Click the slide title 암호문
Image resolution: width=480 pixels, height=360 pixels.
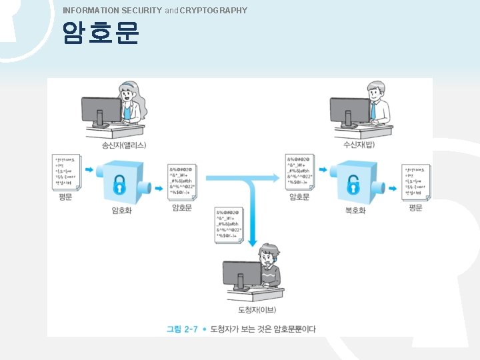pyautogui.click(x=101, y=33)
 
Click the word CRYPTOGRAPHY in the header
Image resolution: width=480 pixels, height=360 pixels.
pyautogui.click(x=213, y=10)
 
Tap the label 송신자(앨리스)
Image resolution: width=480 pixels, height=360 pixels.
pyautogui.click(x=124, y=145)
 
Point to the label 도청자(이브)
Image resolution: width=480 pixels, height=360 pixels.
pyautogui.click(x=257, y=311)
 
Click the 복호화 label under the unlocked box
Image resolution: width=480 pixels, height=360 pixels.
pyautogui.click(x=355, y=211)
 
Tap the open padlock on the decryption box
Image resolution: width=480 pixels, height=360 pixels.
pyautogui.click(x=353, y=182)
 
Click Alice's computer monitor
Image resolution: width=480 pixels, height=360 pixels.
pyautogui.click(x=101, y=110)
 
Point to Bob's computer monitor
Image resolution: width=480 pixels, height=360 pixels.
pyautogui.click(x=349, y=110)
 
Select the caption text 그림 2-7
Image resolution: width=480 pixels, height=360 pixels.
pyautogui.click(x=182, y=329)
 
